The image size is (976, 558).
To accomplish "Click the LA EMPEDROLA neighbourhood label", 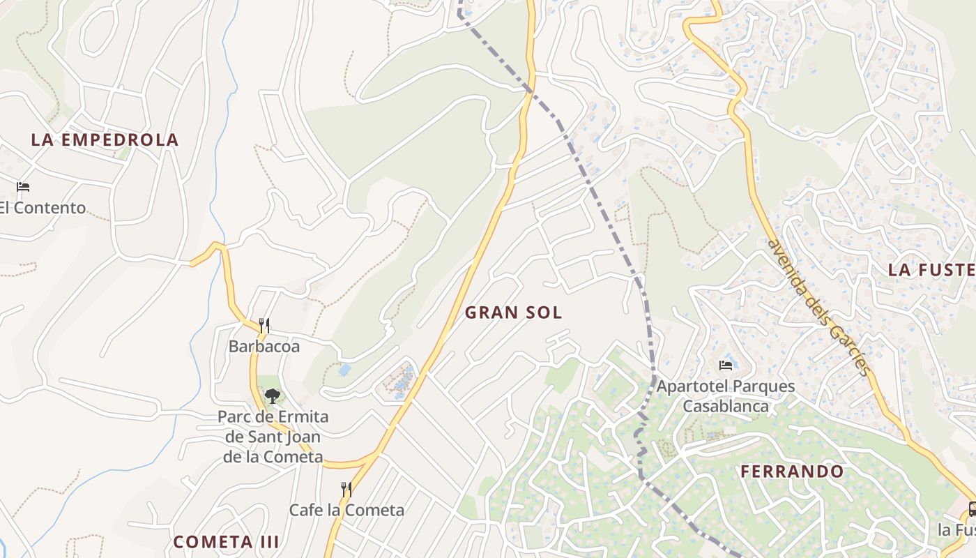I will [105, 139].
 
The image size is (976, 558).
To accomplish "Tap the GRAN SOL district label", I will [513, 312].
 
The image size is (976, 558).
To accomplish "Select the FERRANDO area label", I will [791, 472].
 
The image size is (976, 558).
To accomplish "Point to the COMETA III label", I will [226, 541].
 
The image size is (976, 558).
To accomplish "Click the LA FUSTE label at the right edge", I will [931, 270].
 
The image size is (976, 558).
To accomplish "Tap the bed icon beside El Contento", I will [23, 187].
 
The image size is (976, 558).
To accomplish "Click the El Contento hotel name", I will [42, 208].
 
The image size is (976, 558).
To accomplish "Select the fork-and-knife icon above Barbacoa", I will [264, 325].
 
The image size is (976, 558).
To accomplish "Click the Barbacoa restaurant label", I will [264, 346].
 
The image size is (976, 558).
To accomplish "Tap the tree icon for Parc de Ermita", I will [272, 396].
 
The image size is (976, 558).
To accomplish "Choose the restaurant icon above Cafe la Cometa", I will [346, 490].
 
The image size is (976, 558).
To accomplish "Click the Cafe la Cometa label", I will [346, 510].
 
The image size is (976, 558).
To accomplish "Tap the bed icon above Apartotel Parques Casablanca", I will [726, 365].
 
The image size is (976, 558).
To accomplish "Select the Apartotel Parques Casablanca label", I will [726, 395].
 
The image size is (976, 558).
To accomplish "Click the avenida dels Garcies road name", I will [819, 307].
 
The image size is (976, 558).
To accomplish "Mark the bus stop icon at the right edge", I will [972, 509].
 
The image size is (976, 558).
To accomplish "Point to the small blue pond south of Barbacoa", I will [344, 370].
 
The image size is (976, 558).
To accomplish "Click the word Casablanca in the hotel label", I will [726, 406].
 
